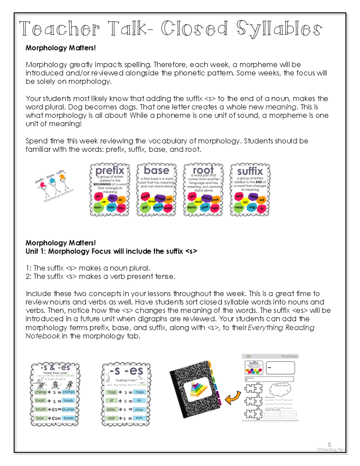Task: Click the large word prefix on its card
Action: [110, 171]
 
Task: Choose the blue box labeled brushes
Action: [68, 409]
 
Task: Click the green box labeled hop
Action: [112, 392]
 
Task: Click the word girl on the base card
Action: [144, 207]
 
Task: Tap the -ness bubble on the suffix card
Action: [239, 207]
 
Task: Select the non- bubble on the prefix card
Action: [98, 207]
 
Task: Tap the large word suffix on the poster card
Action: [250, 171]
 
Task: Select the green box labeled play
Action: [112, 409]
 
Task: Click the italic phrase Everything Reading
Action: [282, 327]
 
